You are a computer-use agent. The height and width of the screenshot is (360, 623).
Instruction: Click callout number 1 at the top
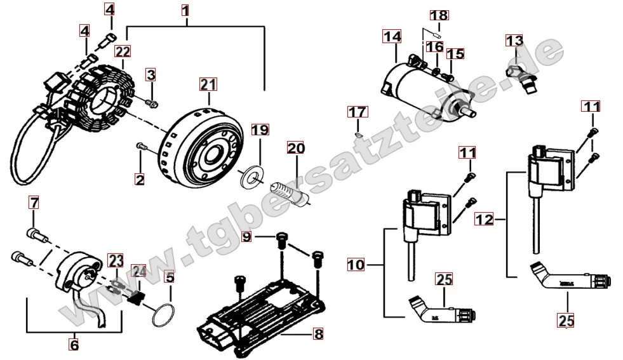click(185, 10)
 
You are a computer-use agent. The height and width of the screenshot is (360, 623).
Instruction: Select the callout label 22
click(123, 51)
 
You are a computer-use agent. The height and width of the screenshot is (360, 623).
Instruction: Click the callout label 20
click(295, 149)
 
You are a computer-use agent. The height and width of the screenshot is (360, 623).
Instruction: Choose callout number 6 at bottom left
click(74, 345)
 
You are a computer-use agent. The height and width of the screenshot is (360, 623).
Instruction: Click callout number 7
click(34, 203)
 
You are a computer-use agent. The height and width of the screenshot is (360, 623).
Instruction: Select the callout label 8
click(318, 332)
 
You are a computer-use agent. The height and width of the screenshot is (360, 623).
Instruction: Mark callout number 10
click(356, 263)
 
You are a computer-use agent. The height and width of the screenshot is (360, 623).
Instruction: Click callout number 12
click(485, 220)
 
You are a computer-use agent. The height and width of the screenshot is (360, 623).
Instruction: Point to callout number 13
click(514, 41)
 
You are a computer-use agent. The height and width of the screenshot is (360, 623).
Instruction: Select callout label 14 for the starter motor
click(392, 37)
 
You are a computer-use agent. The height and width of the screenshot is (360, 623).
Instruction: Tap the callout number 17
click(357, 112)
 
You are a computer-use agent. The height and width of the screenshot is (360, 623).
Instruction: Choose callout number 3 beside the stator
click(151, 75)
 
